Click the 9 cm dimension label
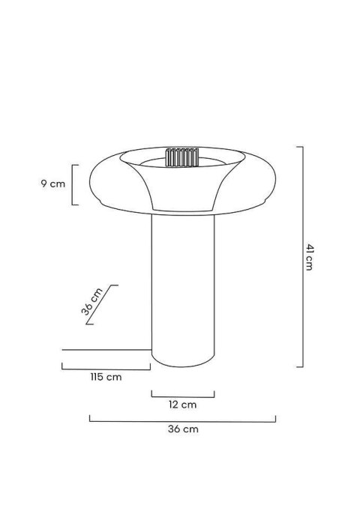pyautogui.click(x=53, y=184)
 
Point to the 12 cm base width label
pyautogui.click(x=182, y=405)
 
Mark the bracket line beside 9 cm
pyautogui.click(x=73, y=184)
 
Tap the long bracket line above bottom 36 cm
pyautogui.click(x=182, y=421)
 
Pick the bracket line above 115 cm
pyautogui.click(x=105, y=368)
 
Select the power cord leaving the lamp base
pyautogui.click(x=105, y=349)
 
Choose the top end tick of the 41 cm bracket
pyautogui.click(x=299, y=147)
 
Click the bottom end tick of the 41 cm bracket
pyautogui.click(x=299, y=366)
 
